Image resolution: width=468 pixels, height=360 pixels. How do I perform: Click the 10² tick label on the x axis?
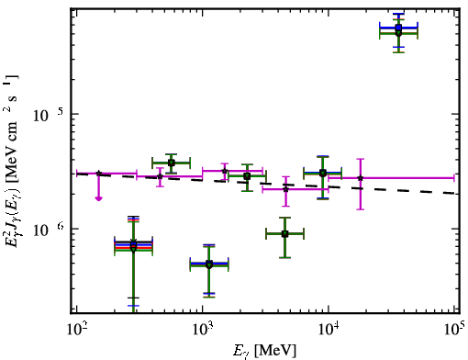point(78,329)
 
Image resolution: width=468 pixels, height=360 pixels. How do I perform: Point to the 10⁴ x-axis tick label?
point(329,329)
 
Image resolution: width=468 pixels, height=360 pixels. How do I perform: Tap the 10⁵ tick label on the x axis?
point(455,329)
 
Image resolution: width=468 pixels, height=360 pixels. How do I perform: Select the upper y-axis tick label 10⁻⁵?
point(49,115)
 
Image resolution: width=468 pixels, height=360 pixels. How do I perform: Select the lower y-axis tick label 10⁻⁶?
point(49,230)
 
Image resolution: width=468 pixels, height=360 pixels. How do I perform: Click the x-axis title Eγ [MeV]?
point(264,351)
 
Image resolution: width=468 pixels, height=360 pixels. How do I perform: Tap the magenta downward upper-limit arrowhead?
point(98,198)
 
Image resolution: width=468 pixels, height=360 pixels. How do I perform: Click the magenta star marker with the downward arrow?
point(98,174)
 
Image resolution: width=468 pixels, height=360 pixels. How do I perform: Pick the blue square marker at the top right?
point(398,28)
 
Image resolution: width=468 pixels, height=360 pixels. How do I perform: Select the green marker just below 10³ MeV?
point(209,264)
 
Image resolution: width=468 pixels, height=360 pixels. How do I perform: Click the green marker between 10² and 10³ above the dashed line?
point(172,163)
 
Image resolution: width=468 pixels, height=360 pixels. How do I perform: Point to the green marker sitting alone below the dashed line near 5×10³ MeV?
point(284,234)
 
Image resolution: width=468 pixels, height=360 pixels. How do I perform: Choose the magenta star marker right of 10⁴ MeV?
point(361,178)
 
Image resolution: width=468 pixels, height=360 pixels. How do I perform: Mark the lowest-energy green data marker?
point(133,249)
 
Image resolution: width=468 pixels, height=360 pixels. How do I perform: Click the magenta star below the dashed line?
point(285,189)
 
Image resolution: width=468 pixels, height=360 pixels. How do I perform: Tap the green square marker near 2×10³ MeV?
point(247,176)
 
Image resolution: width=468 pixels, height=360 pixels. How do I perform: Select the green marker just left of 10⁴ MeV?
point(322,174)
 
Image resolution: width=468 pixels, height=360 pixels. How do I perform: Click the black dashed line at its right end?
point(459,193)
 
